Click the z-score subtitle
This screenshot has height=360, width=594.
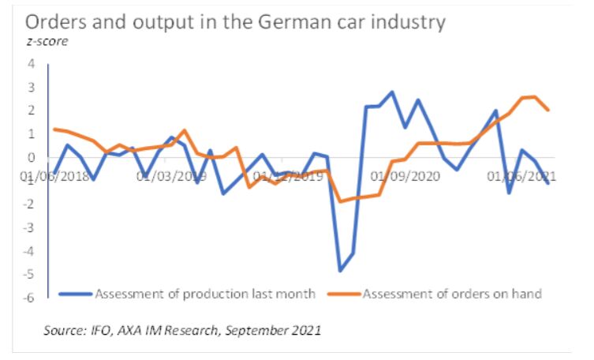[x=47, y=42]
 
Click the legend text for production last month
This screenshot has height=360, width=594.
[x=205, y=294]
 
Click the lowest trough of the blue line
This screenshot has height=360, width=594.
[x=340, y=271]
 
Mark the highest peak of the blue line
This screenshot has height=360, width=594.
[x=392, y=92]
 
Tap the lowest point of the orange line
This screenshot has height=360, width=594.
[x=340, y=201]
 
